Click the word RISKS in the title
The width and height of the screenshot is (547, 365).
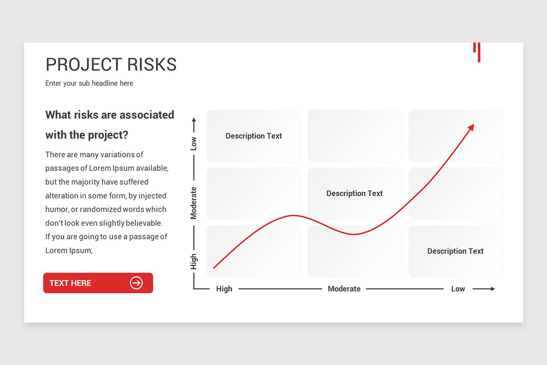(152, 64)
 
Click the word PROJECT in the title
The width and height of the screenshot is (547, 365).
(84, 64)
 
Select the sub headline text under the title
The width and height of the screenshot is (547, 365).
(89, 83)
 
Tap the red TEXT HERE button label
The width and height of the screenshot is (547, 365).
(70, 283)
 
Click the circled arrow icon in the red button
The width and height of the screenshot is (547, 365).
(136, 283)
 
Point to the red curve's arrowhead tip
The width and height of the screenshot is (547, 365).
(474, 124)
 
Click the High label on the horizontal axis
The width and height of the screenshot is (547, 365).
(224, 289)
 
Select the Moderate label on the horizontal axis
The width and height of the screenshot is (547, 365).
(344, 289)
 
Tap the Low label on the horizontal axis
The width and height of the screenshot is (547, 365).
(458, 289)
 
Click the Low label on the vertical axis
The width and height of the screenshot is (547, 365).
(193, 144)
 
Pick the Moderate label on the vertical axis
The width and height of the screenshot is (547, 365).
(193, 203)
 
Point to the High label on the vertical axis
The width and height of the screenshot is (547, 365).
(193, 261)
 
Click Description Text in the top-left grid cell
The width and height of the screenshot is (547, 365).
(253, 136)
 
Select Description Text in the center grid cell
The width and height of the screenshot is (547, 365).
(354, 193)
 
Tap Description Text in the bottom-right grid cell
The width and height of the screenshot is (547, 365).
(455, 251)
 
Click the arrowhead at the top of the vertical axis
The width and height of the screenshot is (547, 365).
(194, 120)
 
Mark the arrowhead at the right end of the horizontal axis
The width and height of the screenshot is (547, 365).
(493, 289)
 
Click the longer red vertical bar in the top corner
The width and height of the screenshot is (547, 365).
(479, 52)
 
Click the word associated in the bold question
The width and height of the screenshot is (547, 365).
(146, 115)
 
